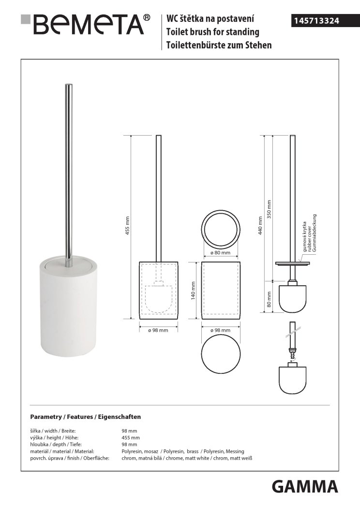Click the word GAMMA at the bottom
pyautogui.click(x=305, y=487)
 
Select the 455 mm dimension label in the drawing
pyautogui.click(x=128, y=225)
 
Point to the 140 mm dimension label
pyautogui.click(x=193, y=291)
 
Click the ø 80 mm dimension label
pyautogui.click(x=220, y=253)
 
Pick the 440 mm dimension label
pyautogui.click(x=260, y=225)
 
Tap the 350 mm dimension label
pyautogui.click(x=269, y=209)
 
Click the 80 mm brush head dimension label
pyautogui.click(x=269, y=299)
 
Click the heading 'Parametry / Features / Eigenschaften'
pyautogui.click(x=86, y=417)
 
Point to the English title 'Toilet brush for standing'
pyautogui.click(x=213, y=32)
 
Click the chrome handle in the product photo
pyautogui.click(x=69, y=176)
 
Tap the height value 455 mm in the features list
pyautogui.click(x=131, y=437)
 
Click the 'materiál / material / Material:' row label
pyautogui.click(x=62, y=451)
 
